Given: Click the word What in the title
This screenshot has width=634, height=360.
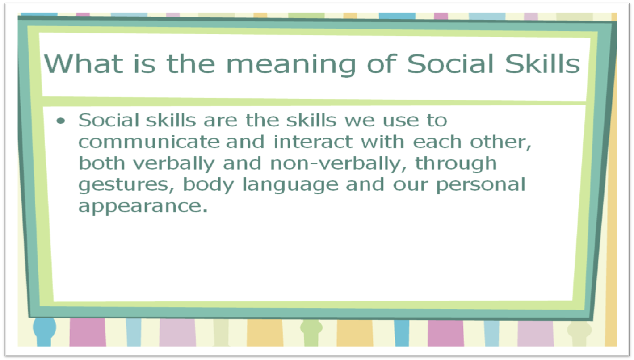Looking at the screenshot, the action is [84, 64].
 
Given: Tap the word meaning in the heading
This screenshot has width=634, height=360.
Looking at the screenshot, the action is [291, 66].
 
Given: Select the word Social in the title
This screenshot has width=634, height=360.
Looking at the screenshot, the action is [450, 64].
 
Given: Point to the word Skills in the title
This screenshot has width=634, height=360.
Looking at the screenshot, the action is [542, 64].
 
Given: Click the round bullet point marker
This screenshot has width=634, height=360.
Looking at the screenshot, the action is [61, 121].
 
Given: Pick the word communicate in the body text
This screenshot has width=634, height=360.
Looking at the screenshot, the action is [149, 142].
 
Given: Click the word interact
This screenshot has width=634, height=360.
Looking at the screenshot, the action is [313, 142].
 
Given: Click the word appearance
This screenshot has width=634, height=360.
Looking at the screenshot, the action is [143, 207].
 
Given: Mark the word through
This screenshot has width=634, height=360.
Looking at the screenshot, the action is [456, 164].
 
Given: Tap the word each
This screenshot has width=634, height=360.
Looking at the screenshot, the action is [437, 142].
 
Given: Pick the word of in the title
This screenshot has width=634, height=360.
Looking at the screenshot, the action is [382, 64].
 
